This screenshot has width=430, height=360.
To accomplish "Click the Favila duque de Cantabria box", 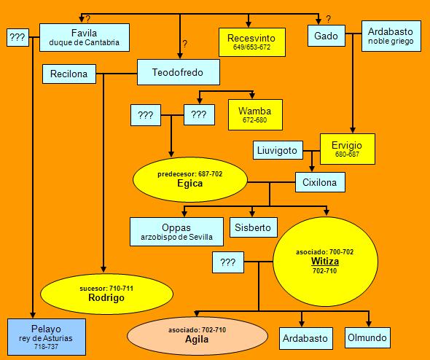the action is (x=85, y=38).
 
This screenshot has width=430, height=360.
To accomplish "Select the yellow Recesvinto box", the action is (x=252, y=42).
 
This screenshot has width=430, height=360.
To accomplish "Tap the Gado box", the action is (x=327, y=36).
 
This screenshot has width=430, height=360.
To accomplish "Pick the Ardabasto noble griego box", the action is (x=391, y=36).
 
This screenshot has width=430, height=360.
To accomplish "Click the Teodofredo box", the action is (x=179, y=72).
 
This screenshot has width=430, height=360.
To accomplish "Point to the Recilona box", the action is (x=69, y=74).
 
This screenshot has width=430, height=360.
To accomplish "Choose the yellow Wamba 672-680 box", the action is (x=255, y=114).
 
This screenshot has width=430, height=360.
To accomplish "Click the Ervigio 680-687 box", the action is (x=348, y=149).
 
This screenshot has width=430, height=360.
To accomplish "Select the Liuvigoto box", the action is (x=278, y=150).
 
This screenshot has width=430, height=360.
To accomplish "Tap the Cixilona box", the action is (x=320, y=182).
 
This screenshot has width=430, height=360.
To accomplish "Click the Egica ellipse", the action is (x=190, y=179).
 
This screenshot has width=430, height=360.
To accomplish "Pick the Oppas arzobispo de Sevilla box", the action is (x=176, y=232).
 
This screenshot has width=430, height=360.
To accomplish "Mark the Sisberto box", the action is (x=253, y=227).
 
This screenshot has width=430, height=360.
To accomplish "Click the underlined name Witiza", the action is (x=325, y=262).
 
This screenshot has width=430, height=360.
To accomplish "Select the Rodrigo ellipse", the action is (x=106, y=294).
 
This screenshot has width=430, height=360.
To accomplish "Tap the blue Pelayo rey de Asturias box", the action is (x=47, y=337).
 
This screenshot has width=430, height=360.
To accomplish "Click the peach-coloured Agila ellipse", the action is (x=198, y=336).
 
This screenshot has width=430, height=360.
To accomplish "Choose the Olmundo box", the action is (x=367, y=337).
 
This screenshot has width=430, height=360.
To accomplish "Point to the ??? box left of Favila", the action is (x=17, y=37).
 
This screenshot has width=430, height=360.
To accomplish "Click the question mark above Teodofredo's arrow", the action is (x=185, y=44).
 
